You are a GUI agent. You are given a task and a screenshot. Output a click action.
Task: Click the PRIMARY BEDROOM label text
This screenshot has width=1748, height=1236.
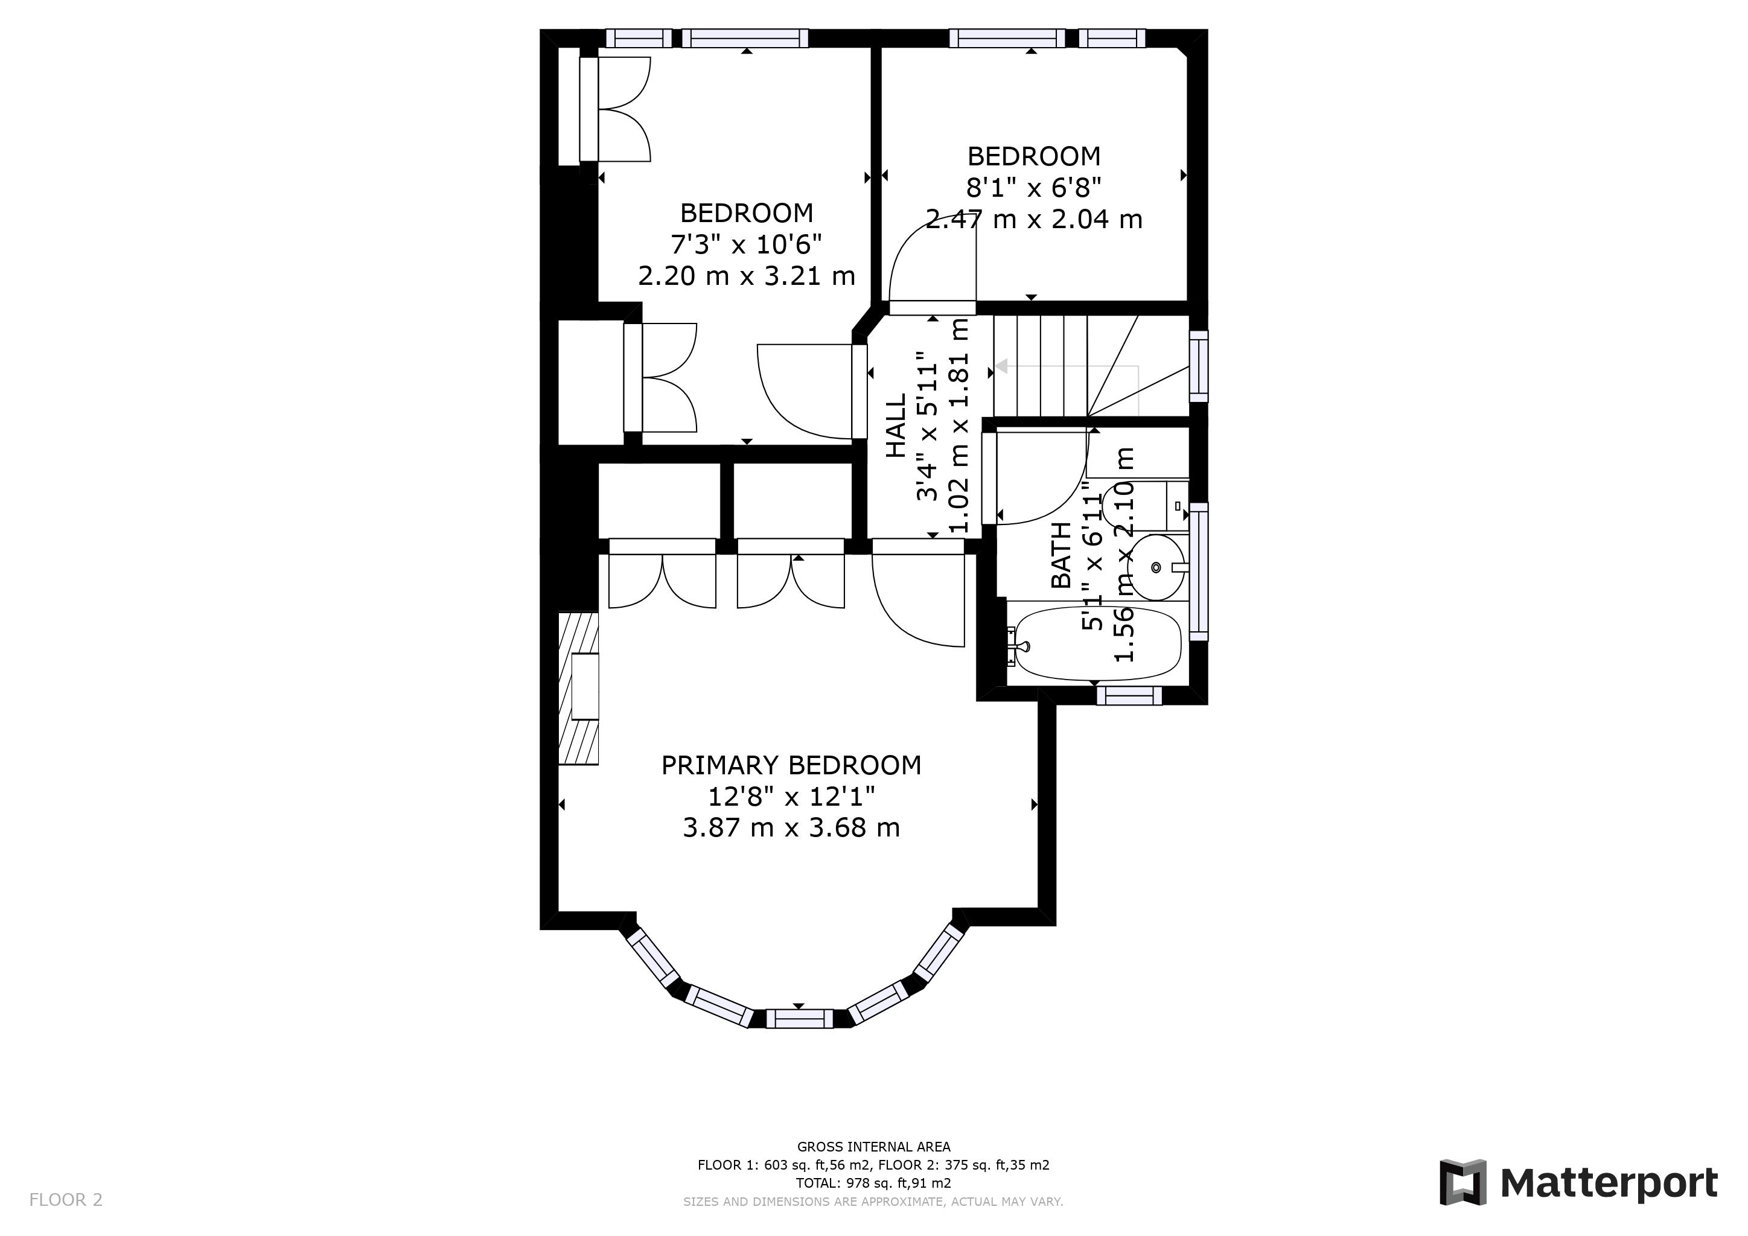791,765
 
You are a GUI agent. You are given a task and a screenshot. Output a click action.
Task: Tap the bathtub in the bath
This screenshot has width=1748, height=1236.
1096,643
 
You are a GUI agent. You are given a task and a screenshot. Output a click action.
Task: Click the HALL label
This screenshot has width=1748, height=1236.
896,425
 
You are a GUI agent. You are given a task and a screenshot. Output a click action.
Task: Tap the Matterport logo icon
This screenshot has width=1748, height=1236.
1463,1182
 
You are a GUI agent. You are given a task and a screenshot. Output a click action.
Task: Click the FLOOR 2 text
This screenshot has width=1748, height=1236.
65,1200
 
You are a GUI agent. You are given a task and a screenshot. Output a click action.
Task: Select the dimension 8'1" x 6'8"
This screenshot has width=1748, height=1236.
1034,187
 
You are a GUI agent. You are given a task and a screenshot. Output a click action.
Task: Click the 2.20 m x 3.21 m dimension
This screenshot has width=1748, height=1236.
746,276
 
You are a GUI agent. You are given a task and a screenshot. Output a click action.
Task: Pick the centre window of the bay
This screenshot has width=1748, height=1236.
799,1018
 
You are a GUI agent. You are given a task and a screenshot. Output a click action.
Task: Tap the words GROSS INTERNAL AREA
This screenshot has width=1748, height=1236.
873,1146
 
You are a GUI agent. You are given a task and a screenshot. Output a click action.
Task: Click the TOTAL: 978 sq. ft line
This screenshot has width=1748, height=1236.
873,1183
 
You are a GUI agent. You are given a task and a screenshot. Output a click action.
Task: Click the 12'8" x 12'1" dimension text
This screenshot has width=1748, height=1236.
791,797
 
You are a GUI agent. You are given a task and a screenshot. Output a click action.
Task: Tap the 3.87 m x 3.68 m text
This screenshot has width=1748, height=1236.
791,828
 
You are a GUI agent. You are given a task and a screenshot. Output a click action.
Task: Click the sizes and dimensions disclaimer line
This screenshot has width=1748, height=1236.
873,1202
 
